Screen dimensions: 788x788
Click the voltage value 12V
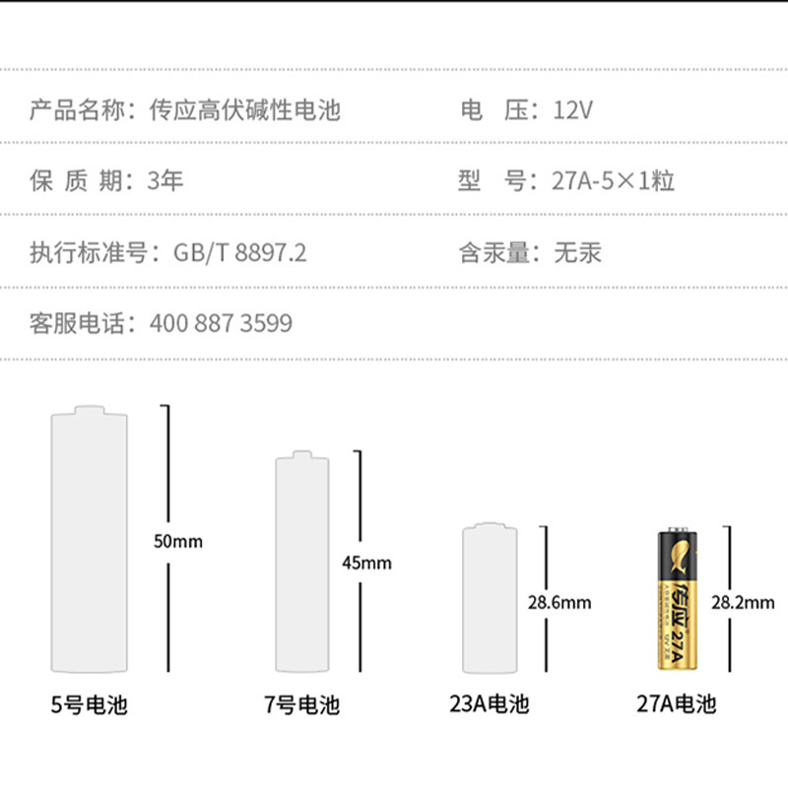click(572, 109)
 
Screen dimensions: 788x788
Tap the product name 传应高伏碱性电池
click(244, 109)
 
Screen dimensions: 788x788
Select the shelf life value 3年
click(165, 181)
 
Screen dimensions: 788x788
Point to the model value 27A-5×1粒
click(603, 181)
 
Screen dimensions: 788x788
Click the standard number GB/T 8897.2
click(240, 253)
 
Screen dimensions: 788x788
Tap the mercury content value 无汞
click(577, 253)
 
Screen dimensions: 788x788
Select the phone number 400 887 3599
click(221, 323)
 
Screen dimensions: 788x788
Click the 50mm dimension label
click(178, 541)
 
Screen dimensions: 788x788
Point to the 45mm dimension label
click(365, 563)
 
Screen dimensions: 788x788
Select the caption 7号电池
click(301, 705)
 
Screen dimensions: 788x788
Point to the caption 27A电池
click(676, 703)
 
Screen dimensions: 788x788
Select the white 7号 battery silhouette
click(301, 563)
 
